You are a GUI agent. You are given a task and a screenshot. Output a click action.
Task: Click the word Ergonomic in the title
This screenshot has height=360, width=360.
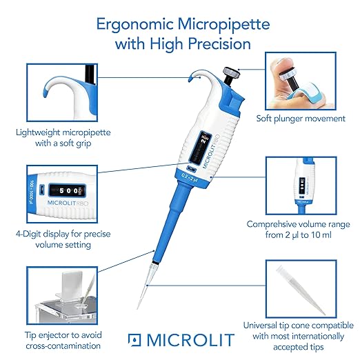[134, 25]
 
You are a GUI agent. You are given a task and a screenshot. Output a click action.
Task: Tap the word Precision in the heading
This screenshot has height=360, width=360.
[219, 44]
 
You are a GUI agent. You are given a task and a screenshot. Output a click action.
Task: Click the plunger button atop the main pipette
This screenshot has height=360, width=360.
[232, 74]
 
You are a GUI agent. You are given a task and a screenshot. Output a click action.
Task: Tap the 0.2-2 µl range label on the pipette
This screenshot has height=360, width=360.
[190, 177]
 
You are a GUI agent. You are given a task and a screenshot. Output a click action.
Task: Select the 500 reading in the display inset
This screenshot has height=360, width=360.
[68, 190]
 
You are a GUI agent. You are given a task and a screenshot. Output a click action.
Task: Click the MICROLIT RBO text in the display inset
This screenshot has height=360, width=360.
[68, 203]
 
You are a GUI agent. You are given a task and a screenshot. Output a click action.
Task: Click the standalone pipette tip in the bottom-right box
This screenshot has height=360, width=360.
[300, 290]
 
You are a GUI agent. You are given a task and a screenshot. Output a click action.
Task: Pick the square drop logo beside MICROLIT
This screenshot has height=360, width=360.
[134, 340]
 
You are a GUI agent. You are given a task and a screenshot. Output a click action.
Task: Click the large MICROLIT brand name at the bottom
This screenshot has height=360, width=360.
[190, 340]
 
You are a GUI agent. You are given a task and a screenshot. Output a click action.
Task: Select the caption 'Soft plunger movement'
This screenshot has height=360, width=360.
[301, 119]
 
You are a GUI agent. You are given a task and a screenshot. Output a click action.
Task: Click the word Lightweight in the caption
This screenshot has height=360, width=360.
[38, 133]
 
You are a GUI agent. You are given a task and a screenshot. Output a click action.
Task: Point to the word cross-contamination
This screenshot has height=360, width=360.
[63, 346]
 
